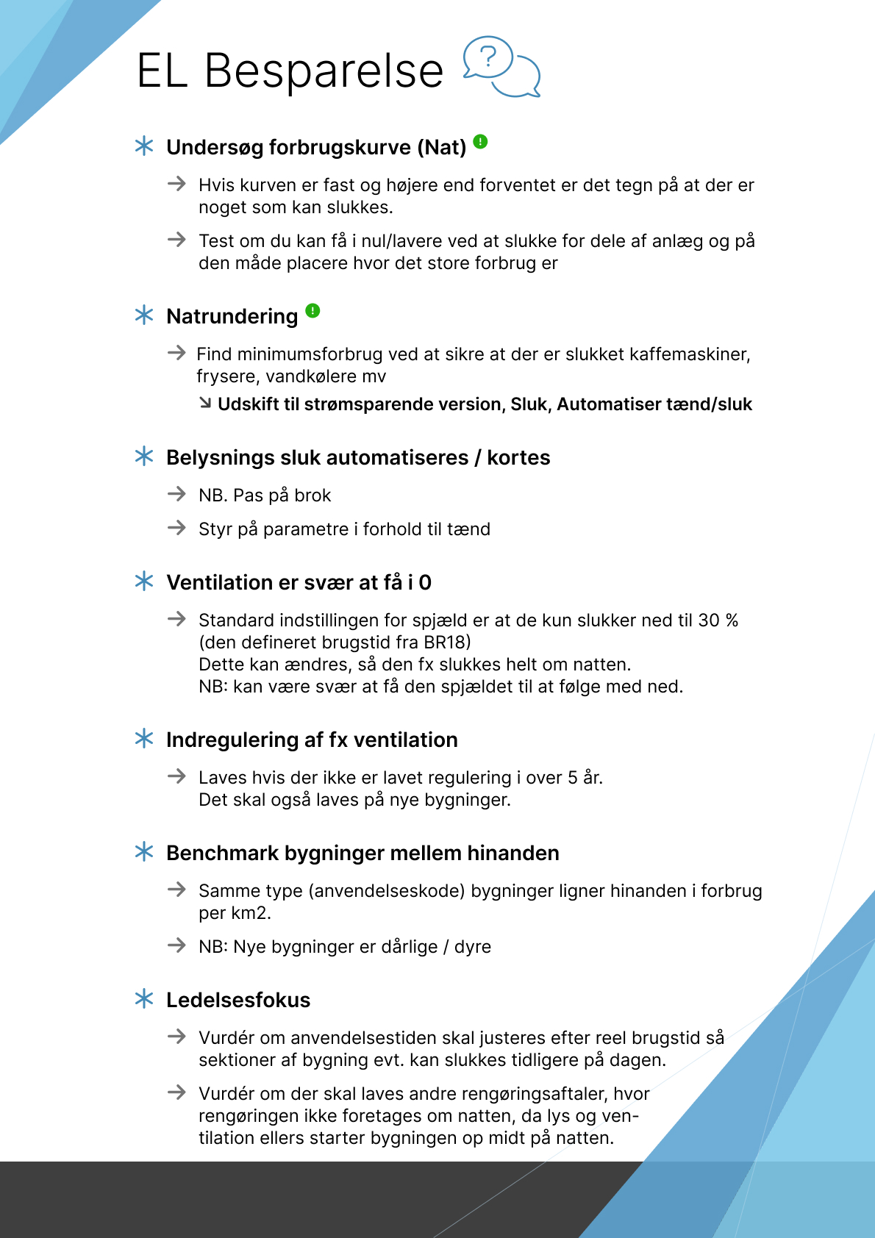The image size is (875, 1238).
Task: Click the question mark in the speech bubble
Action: pyautogui.click(x=488, y=56)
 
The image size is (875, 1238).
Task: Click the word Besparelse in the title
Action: pyautogui.click(x=324, y=71)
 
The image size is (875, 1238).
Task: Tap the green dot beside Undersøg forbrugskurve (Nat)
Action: pyautogui.click(x=480, y=141)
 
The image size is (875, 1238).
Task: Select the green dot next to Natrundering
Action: pyautogui.click(x=312, y=310)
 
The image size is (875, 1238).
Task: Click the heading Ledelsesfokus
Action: pyautogui.click(x=238, y=1000)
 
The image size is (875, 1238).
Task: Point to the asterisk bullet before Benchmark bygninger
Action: pyautogui.click(x=144, y=852)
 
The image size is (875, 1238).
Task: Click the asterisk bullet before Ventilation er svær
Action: pyautogui.click(x=144, y=582)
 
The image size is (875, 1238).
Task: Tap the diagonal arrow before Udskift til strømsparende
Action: pyautogui.click(x=206, y=403)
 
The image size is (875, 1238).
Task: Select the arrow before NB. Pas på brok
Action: pyautogui.click(x=176, y=494)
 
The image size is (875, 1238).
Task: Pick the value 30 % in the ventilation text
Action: pyautogui.click(x=718, y=620)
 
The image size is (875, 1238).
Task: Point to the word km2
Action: pyautogui.click(x=249, y=913)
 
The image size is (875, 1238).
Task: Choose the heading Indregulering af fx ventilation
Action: pyautogui.click(x=312, y=740)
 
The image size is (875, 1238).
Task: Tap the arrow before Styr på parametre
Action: pyautogui.click(x=176, y=528)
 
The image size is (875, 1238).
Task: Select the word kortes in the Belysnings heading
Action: pyautogui.click(x=518, y=457)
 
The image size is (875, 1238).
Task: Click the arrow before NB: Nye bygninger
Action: pyautogui.click(x=176, y=945)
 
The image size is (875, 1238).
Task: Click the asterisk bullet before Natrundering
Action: pyautogui.click(x=144, y=315)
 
